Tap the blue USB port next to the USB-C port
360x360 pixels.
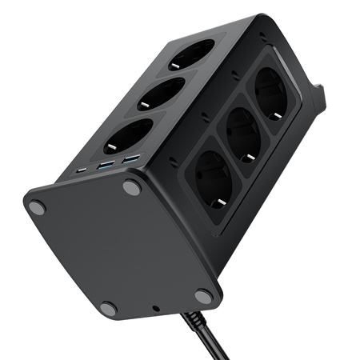pyautogui.click(x=105, y=166)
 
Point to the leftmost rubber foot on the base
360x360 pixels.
pyautogui.click(x=37, y=207)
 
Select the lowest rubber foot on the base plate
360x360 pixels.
pyautogui.click(x=109, y=308)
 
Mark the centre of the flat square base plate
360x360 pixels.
pyautogui.click(x=120, y=248)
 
